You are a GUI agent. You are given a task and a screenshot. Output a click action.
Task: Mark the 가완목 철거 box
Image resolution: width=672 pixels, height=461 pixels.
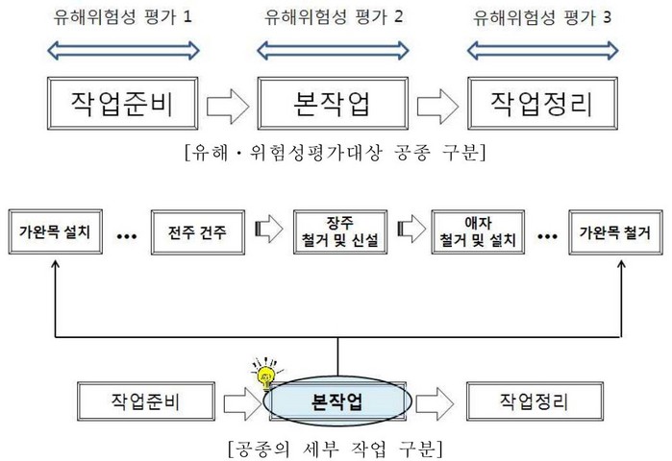coord(615,233)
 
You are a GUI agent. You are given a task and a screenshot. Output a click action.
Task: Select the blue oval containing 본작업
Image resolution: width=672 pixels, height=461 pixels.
coord(337,399)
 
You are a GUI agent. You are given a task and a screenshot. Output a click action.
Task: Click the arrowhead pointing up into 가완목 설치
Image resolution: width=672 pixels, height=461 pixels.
coord(54,271)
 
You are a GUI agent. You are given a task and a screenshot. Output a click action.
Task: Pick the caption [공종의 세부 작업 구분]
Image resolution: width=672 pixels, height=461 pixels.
coord(336,447)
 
